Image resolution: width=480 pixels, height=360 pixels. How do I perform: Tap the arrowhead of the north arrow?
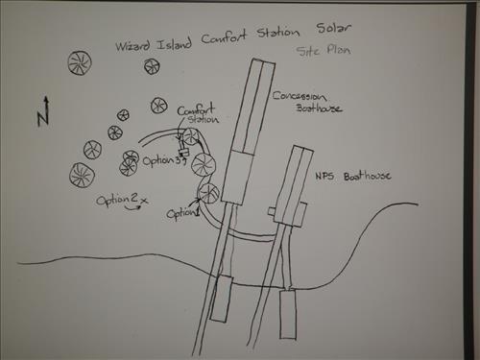click(45, 98)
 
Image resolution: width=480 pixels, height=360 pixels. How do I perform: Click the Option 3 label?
click(159, 161)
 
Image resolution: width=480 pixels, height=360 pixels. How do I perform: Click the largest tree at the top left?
click(81, 64)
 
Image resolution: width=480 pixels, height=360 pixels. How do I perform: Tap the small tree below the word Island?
click(151, 66)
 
